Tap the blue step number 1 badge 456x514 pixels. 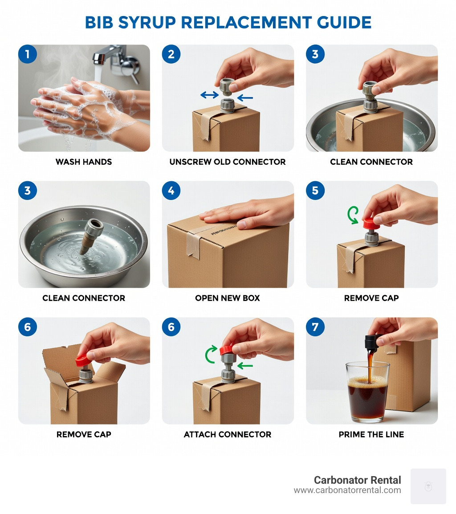pyautogui.click(x=28, y=54)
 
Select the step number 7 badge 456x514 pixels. pyautogui.click(x=315, y=327)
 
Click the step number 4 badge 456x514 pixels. pyautogui.click(x=171, y=191)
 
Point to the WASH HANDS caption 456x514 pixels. pyautogui.click(x=84, y=162)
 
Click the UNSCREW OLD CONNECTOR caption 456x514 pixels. pyautogui.click(x=228, y=162)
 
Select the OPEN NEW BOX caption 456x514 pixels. pyautogui.click(x=228, y=298)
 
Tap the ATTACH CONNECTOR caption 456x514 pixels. pyautogui.click(x=228, y=434)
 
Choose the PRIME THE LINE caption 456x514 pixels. pyautogui.click(x=371, y=434)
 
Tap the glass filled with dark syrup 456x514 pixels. pyautogui.click(x=367, y=392)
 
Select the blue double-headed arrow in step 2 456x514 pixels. pyautogui.click(x=209, y=94)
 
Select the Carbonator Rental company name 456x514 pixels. pyautogui.click(x=357, y=480)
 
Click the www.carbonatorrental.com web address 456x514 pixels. pyautogui.click(x=347, y=490)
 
